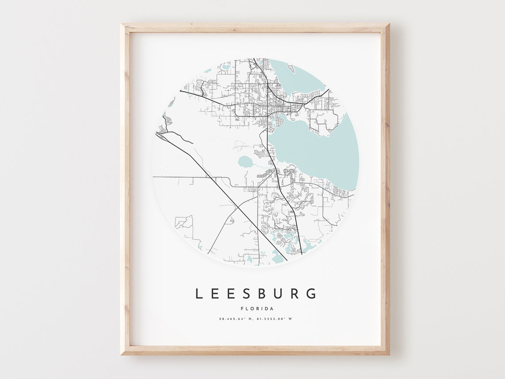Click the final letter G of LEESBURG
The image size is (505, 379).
pos(312,293)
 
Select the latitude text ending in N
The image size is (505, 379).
pos(235,319)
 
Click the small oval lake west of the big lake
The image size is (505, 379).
pos(245,162)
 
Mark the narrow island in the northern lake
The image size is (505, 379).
pos(291,68)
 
